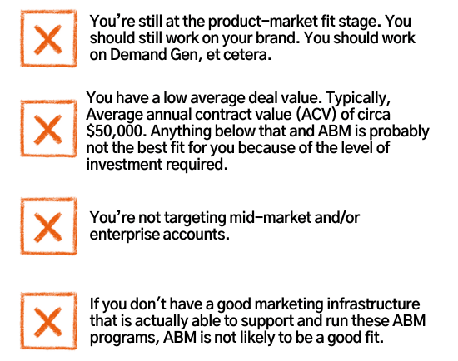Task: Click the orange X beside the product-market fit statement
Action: pos(48,40)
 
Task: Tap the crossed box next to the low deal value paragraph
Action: pos(48,129)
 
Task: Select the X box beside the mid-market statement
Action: pos(48,226)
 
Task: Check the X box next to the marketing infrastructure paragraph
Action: pos(48,321)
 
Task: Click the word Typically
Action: pos(358,98)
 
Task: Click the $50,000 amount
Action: pos(117,131)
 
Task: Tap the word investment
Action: pos(124,165)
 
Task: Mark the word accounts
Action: pos(196,235)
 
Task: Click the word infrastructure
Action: pos(373,304)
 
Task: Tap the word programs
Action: pos(124,339)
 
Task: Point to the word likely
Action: pos(257,338)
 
